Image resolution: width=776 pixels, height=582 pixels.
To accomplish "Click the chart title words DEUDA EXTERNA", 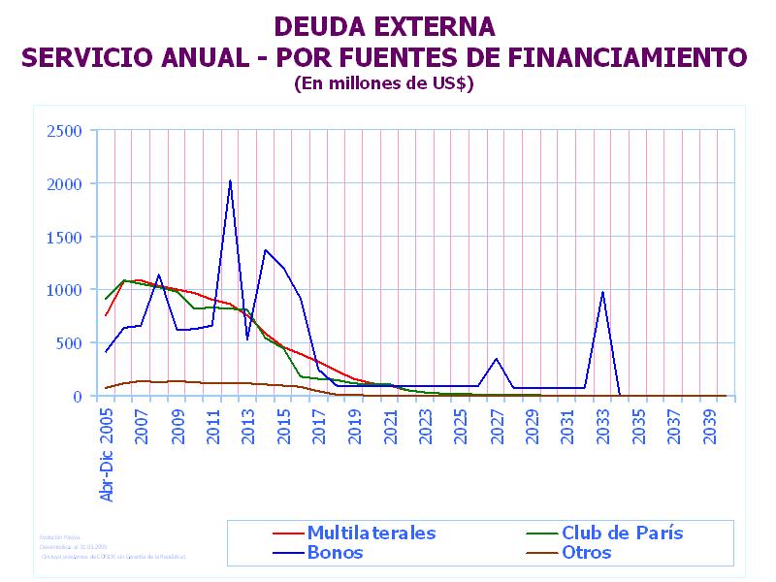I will coord(384,26).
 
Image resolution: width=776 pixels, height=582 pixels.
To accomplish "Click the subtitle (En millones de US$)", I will coord(384,83).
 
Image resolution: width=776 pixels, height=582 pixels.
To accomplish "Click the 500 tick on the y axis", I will coord(71,343).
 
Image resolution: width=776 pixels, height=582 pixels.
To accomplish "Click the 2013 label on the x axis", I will coord(248,424).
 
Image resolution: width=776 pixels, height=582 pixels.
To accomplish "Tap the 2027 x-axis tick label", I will coord(497,424).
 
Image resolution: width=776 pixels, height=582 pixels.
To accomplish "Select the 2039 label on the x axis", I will coord(709,424).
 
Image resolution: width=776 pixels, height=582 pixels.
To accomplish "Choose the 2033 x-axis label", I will coord(602,424).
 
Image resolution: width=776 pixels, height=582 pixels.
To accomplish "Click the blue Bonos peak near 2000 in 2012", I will coord(230,180).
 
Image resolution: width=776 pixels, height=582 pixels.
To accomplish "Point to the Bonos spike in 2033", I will coord(602,292).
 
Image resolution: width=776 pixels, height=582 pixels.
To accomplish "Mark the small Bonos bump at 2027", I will coord(497,359).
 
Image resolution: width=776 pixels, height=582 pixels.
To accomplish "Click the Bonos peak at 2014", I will coord(266,250).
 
